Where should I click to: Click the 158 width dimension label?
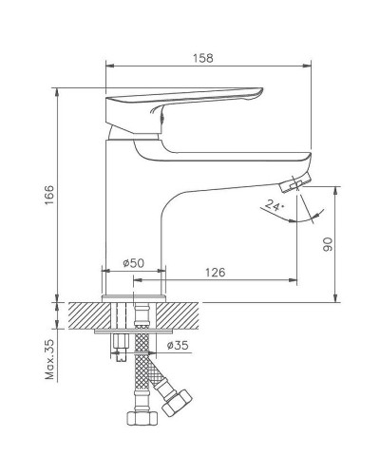[202, 57]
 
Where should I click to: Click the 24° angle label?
[275, 204]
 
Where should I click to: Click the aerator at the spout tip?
[303, 180]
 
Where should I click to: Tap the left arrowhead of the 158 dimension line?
[106, 66]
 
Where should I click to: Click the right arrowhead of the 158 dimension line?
[309, 66]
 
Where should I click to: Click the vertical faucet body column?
[134, 209]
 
